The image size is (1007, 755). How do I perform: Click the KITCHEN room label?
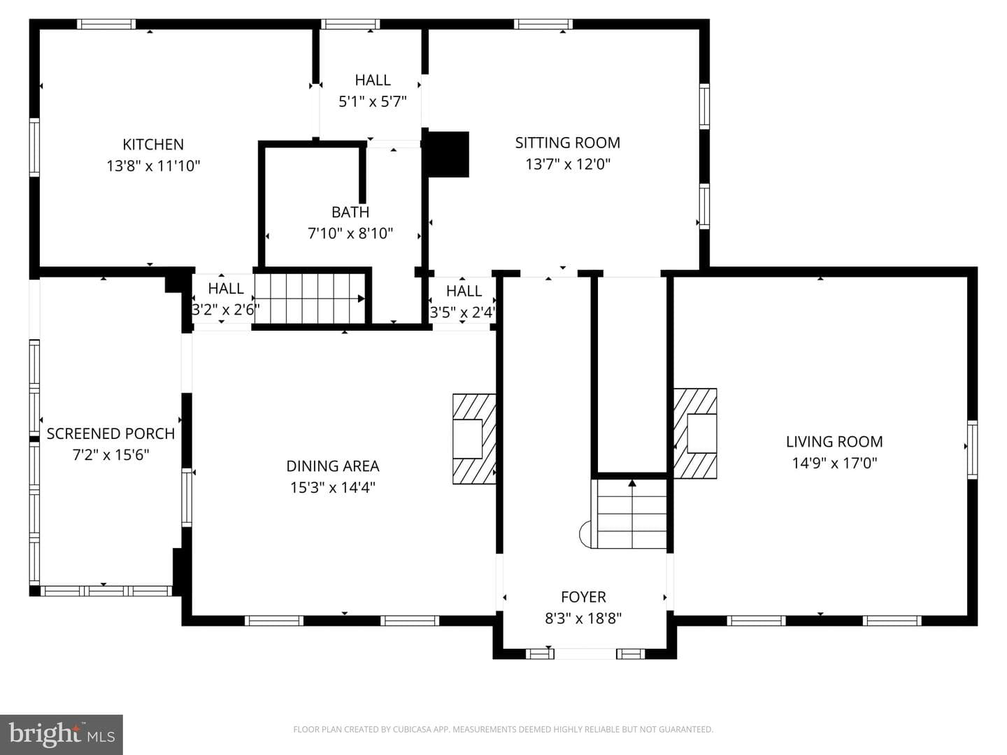click(152, 145)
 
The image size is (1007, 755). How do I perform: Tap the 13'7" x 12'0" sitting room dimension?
click(568, 164)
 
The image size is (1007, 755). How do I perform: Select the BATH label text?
click(350, 213)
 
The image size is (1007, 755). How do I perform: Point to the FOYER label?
click(583, 597)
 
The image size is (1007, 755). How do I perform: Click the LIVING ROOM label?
click(834, 441)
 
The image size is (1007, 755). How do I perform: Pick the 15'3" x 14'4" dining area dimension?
click(333, 487)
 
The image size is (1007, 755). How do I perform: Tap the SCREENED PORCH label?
click(110, 433)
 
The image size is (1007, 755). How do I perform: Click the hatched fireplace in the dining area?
click(474, 439)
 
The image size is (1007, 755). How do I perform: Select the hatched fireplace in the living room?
click(695, 433)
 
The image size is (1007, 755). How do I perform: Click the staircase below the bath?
click(310, 299)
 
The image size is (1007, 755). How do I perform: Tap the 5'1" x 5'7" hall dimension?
click(373, 101)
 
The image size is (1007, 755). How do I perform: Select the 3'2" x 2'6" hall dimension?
click(226, 310)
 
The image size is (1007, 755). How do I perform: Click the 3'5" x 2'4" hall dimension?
click(463, 312)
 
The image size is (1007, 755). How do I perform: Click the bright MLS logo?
click(62, 735)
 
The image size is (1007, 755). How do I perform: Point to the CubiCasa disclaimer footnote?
click(503, 729)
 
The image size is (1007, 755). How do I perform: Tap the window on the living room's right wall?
click(973, 450)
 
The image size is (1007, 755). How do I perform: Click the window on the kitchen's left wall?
click(34, 147)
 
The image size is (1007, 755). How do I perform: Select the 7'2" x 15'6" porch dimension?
click(111, 454)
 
